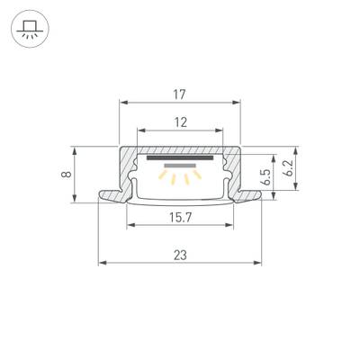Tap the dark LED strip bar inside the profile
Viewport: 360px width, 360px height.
pos(182,157)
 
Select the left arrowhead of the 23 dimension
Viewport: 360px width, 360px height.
pos(102,264)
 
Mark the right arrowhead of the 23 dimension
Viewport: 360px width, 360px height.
pos(262,264)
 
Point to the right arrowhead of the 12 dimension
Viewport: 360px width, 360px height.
pos(223,132)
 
